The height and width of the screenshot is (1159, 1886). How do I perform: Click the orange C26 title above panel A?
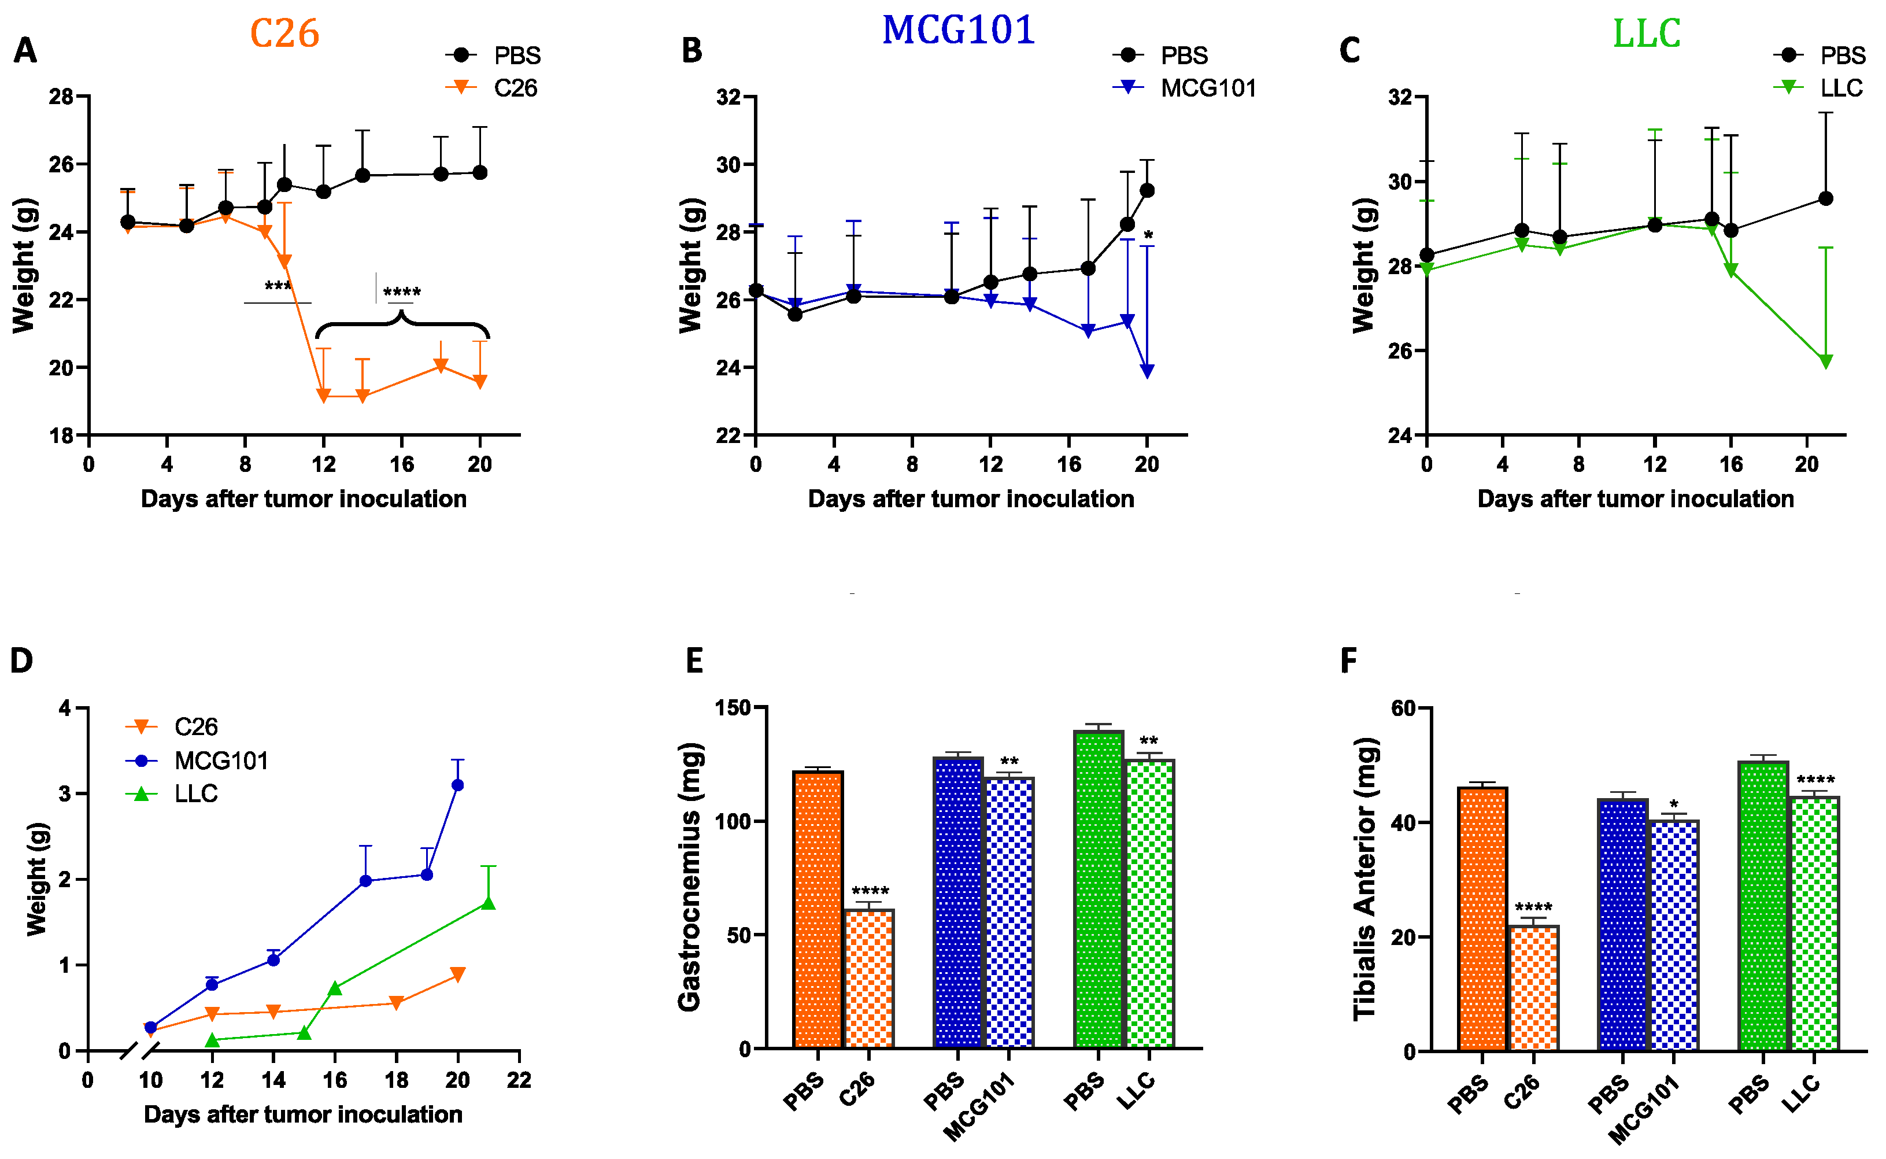pos(284,34)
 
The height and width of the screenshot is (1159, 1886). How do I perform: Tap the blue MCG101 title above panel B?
pos(958,31)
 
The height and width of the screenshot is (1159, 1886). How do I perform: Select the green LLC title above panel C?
pos(1646,34)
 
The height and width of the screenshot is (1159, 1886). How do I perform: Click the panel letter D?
pos(21,660)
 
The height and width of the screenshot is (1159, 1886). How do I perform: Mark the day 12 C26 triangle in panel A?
pos(323,396)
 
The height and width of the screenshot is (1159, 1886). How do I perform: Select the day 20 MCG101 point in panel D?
pos(457,785)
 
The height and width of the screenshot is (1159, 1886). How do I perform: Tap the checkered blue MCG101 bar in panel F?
pos(1674,935)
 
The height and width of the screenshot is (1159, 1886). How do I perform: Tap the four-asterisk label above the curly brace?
pos(402,292)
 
